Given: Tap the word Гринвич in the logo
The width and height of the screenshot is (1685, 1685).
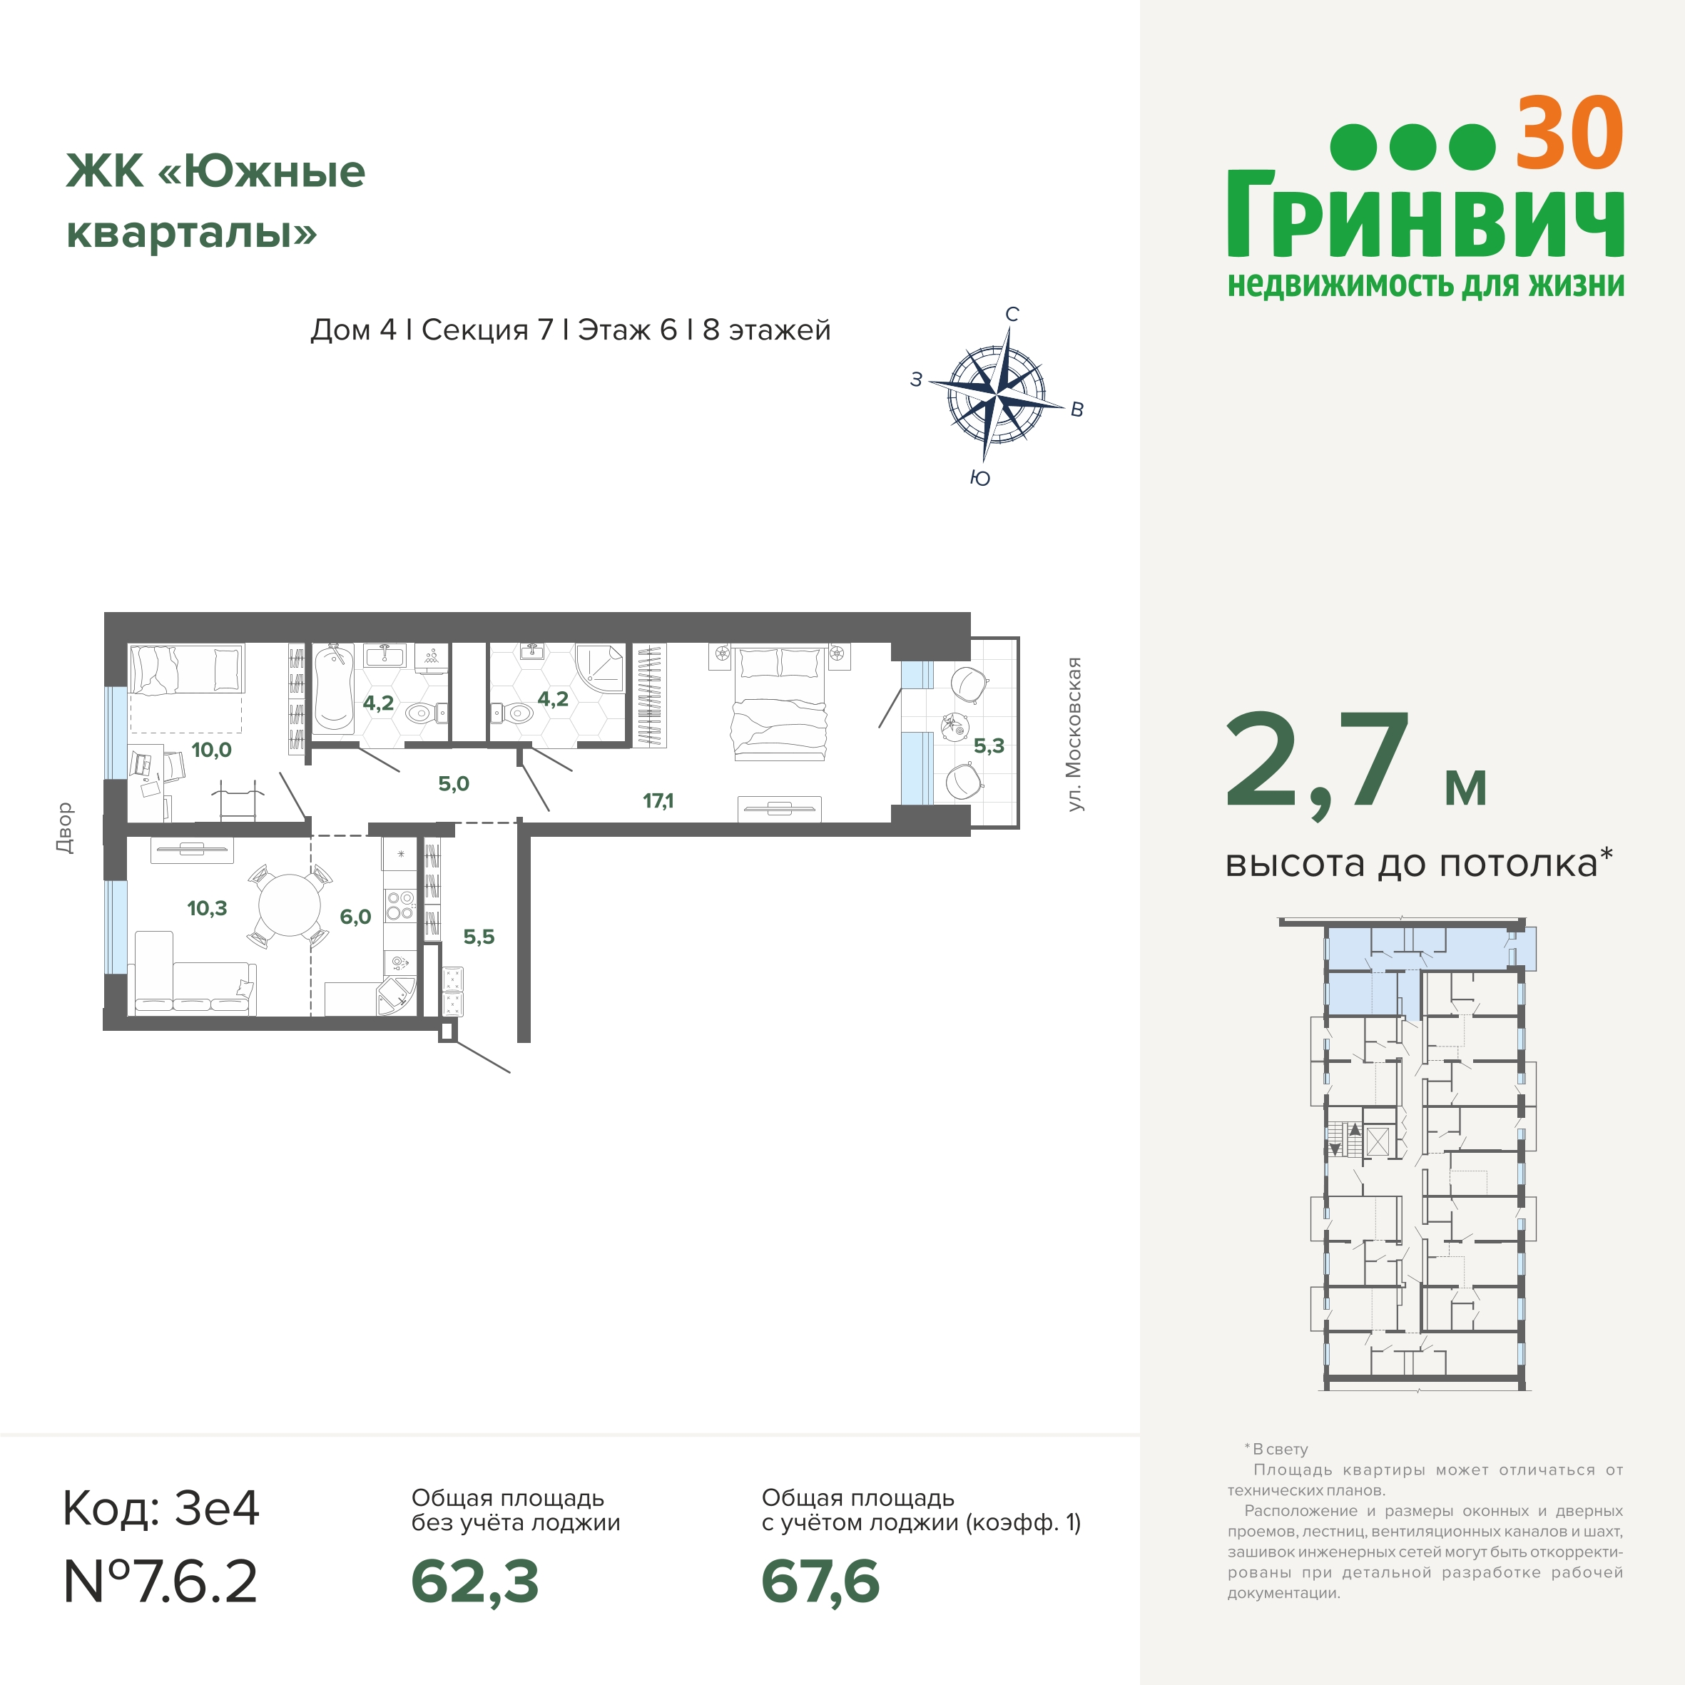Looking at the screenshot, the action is coord(1425,215).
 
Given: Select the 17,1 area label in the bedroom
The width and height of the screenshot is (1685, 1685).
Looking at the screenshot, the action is coord(658,800).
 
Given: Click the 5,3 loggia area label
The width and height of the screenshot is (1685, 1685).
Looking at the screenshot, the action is coord(988,745).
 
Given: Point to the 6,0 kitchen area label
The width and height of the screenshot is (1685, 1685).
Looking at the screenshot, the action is coord(355,916).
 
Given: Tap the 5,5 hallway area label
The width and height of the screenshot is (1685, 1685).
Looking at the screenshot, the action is coord(478,937).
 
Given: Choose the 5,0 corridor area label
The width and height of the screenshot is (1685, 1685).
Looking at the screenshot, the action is coord(454,783).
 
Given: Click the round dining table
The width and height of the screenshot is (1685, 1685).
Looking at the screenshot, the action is coord(290,905).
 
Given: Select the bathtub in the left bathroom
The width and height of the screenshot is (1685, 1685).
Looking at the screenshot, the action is coord(332,688).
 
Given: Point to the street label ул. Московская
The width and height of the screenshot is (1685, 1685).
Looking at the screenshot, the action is coord(1074,734).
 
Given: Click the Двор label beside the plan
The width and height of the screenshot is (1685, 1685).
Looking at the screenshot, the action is coord(64,827).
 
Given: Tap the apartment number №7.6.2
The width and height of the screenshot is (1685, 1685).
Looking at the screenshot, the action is coord(161,1582).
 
